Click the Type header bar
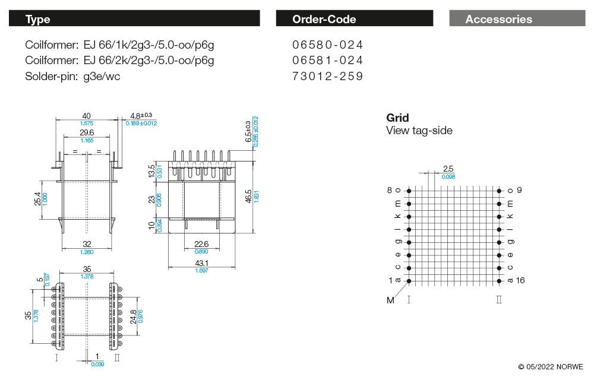pos(134,19)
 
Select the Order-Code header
pos(354,19)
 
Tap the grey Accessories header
pos(517,19)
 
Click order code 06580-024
pos(327,45)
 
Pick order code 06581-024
pos(327,60)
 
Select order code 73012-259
pos(327,76)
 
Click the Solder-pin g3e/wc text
pos(72,76)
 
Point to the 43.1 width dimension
pos(202,263)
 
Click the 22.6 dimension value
pos(202,244)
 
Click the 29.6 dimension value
pos(87,132)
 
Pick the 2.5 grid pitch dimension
pos(448,169)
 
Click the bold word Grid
pos(397,118)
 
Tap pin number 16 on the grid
pos(521,280)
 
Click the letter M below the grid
pos(390,300)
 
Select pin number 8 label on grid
pos(390,190)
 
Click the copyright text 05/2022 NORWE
pos(551,367)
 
